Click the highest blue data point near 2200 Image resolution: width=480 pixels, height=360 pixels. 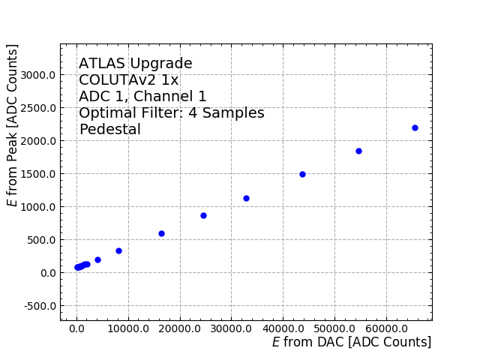(415, 127)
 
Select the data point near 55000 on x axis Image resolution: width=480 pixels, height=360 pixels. (358, 151)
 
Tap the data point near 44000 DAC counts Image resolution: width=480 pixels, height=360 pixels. (302, 174)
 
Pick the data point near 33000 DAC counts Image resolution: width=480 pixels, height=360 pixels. (246, 198)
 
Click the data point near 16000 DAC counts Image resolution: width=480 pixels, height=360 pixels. (161, 233)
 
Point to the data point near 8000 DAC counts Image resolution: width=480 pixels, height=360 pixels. (118, 250)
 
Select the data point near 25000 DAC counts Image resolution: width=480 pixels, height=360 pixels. (203, 215)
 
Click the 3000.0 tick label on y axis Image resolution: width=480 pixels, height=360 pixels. (37, 75)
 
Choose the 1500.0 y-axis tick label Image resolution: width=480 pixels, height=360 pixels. (37, 174)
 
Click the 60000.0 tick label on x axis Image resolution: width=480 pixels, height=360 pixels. (386, 328)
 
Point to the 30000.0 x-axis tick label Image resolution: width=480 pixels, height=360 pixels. (231, 328)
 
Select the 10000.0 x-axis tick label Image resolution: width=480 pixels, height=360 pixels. (128, 328)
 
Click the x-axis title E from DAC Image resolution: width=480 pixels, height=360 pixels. (351, 342)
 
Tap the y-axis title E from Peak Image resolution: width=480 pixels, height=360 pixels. (13, 125)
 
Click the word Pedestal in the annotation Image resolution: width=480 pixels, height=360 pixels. (109, 130)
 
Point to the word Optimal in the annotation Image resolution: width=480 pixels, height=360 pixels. (109, 113)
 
